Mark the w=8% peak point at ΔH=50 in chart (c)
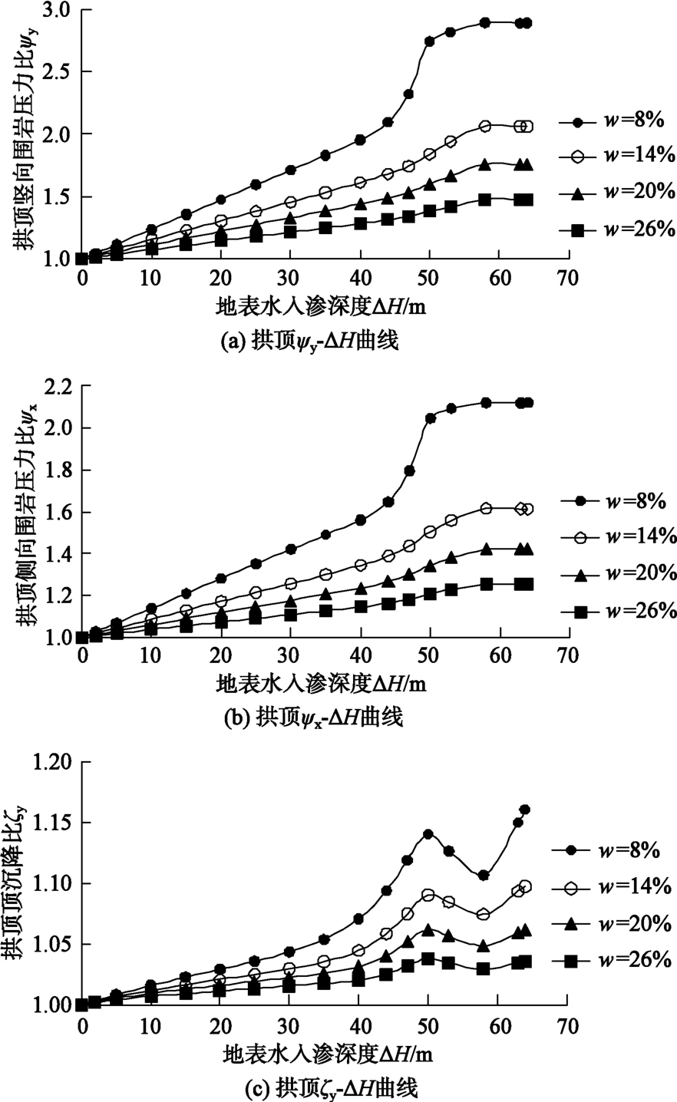pyautogui.click(x=428, y=834)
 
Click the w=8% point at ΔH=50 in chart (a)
pyautogui.click(x=429, y=41)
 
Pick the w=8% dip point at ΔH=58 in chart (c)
pyautogui.click(x=484, y=876)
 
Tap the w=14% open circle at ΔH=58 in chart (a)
pyautogui.click(x=485, y=126)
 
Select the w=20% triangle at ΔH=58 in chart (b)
pyautogui.click(x=485, y=549)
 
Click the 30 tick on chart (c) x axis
pyautogui.click(x=289, y=1025)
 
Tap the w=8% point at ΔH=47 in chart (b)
pyautogui.click(x=409, y=470)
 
